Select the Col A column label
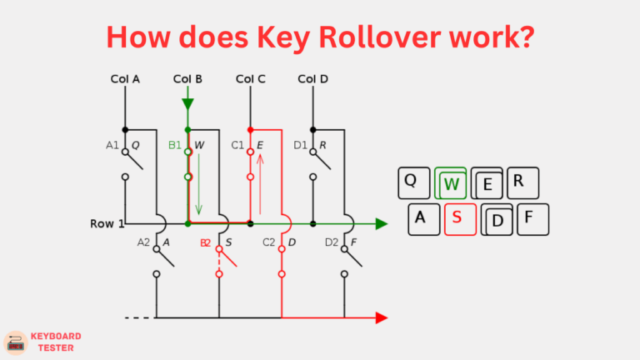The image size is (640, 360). tap(125, 80)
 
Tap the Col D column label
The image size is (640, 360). tap(313, 80)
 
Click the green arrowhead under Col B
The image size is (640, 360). tap(187, 103)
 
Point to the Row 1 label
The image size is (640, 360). tap(107, 224)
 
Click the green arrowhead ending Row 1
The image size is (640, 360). tap(381, 223)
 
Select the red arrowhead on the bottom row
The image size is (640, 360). tap(381, 317)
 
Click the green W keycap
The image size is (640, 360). tap(451, 183)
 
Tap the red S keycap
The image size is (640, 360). tap(456, 218)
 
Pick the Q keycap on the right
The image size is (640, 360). tap(411, 181)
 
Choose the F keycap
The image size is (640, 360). tap(527, 219)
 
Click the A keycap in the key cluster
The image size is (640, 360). tap(421, 218)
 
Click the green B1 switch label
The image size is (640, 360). tap(175, 145)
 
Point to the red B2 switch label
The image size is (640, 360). tap(205, 242)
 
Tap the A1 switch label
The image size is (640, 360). tap(112, 145)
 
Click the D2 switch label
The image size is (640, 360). tap(332, 242)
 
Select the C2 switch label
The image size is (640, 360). tap(268, 242)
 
